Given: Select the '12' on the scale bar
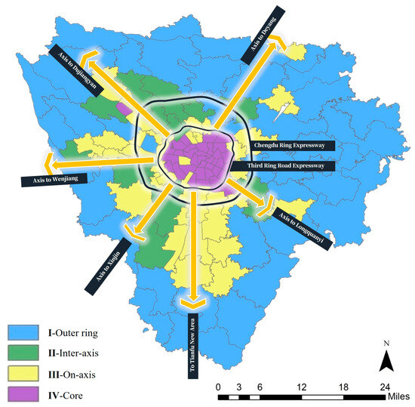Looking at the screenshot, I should [x=302, y=386].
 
